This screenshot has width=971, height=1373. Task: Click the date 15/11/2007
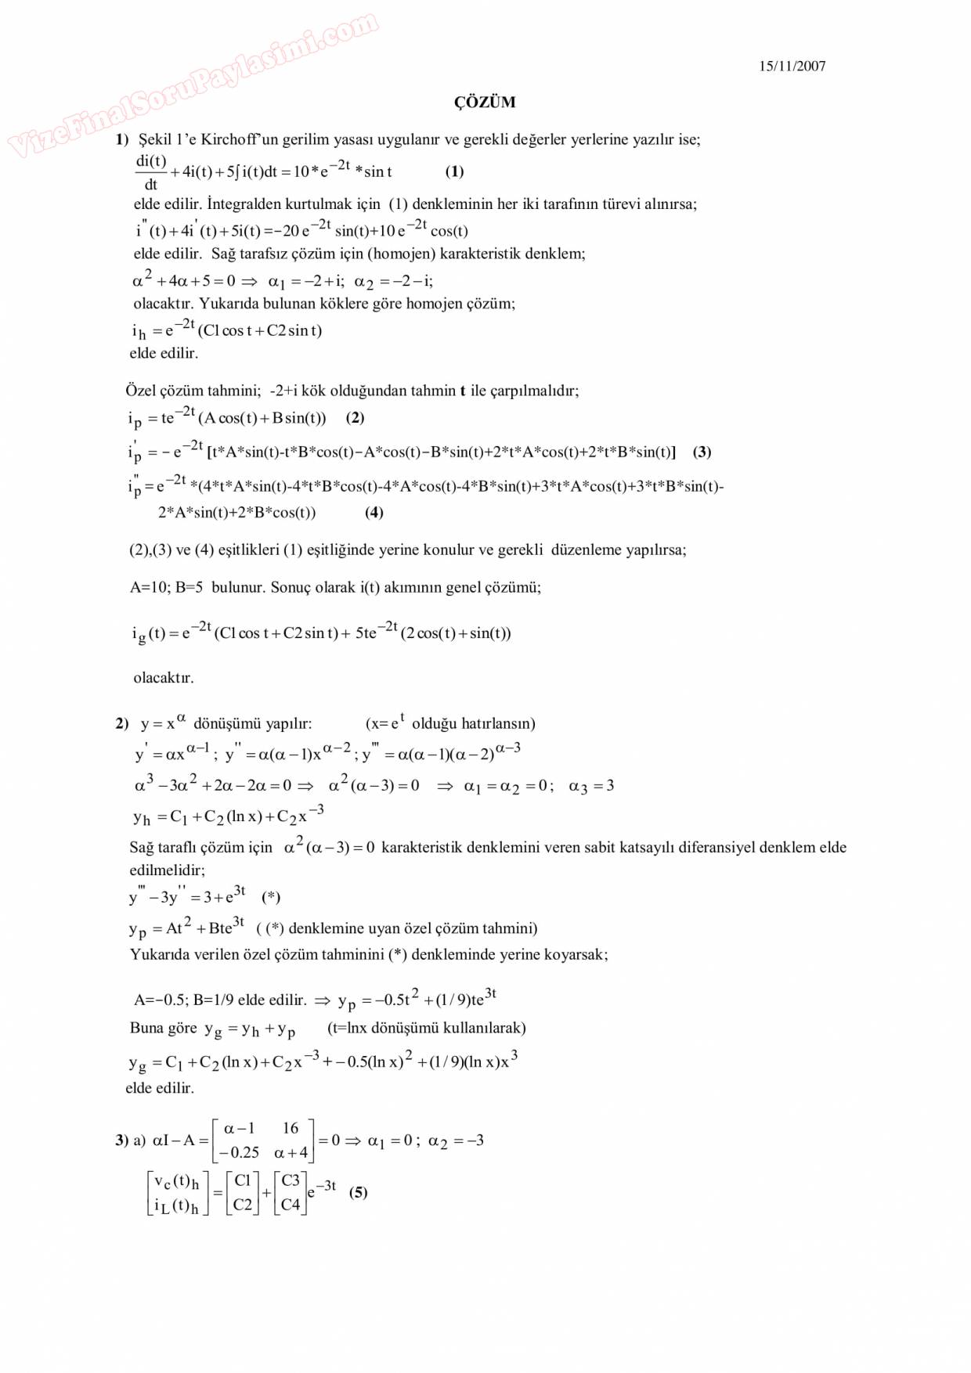792,67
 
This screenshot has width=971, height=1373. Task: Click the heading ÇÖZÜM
485,103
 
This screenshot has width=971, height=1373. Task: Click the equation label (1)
454,171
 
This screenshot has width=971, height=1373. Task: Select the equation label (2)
355,417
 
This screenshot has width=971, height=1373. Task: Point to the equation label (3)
702,452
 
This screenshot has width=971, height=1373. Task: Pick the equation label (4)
374,513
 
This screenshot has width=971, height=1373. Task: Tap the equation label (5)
358,1192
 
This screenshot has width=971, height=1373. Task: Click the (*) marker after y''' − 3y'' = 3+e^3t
271,897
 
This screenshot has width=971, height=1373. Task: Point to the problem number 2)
121,723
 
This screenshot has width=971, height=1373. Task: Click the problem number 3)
121,1141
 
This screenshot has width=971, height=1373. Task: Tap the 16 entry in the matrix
291,1128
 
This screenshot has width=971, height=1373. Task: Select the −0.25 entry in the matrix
240,1152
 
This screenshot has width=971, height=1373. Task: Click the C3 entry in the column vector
291,1180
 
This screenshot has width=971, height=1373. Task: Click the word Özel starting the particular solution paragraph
141,391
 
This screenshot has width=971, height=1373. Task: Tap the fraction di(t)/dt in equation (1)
150,172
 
